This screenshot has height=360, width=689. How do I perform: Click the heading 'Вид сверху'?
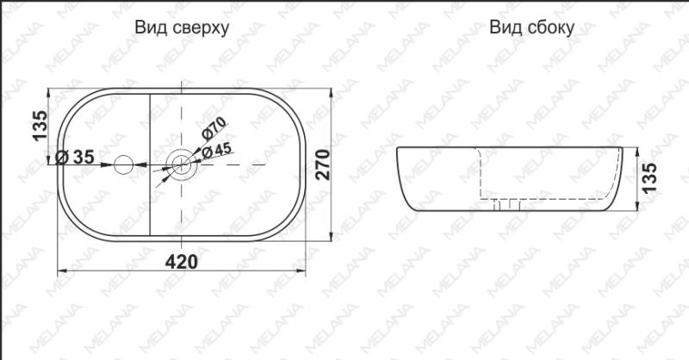[x=181, y=28]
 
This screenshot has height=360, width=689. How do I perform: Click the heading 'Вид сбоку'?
[x=531, y=28]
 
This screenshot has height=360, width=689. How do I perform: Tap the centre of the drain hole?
[x=182, y=161]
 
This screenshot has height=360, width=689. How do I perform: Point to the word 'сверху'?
[x=200, y=28]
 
